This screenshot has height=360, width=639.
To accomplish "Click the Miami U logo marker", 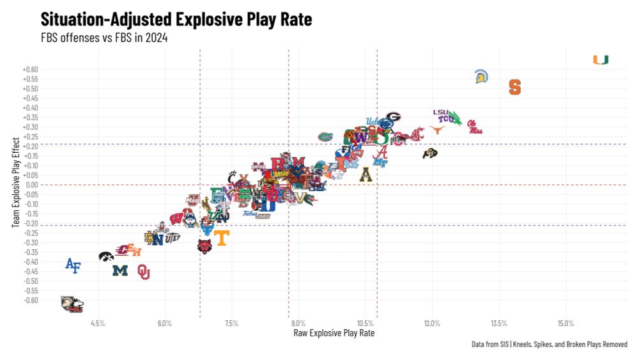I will [600, 60].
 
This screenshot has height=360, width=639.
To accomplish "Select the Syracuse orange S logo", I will [514, 87].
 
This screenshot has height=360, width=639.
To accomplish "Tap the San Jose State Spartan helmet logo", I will [481, 77].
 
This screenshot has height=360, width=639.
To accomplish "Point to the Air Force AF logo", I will [73, 265].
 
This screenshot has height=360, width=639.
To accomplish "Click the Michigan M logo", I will [120, 270].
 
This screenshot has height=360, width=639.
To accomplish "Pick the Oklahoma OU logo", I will [143, 272].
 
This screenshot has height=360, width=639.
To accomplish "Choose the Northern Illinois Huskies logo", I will [72, 304].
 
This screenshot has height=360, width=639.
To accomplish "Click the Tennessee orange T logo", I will [221, 239].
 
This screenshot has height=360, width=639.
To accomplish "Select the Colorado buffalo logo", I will [430, 153].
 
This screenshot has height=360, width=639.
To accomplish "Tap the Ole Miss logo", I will [474, 127].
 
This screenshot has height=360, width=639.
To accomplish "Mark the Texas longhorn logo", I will [437, 130].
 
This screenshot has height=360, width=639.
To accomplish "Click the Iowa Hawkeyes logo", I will [106, 256].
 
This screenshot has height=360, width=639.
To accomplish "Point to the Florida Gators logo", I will [326, 136].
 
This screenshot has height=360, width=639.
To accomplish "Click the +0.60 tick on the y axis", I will [30, 69].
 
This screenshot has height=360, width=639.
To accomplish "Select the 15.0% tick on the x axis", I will [566, 323].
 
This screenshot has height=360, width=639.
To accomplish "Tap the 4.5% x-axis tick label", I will [98, 323].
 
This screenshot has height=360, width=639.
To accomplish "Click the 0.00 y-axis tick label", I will [31, 185].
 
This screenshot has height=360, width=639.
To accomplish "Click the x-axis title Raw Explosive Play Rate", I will [334, 333].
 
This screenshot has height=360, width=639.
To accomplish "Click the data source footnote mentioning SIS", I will [549, 345].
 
